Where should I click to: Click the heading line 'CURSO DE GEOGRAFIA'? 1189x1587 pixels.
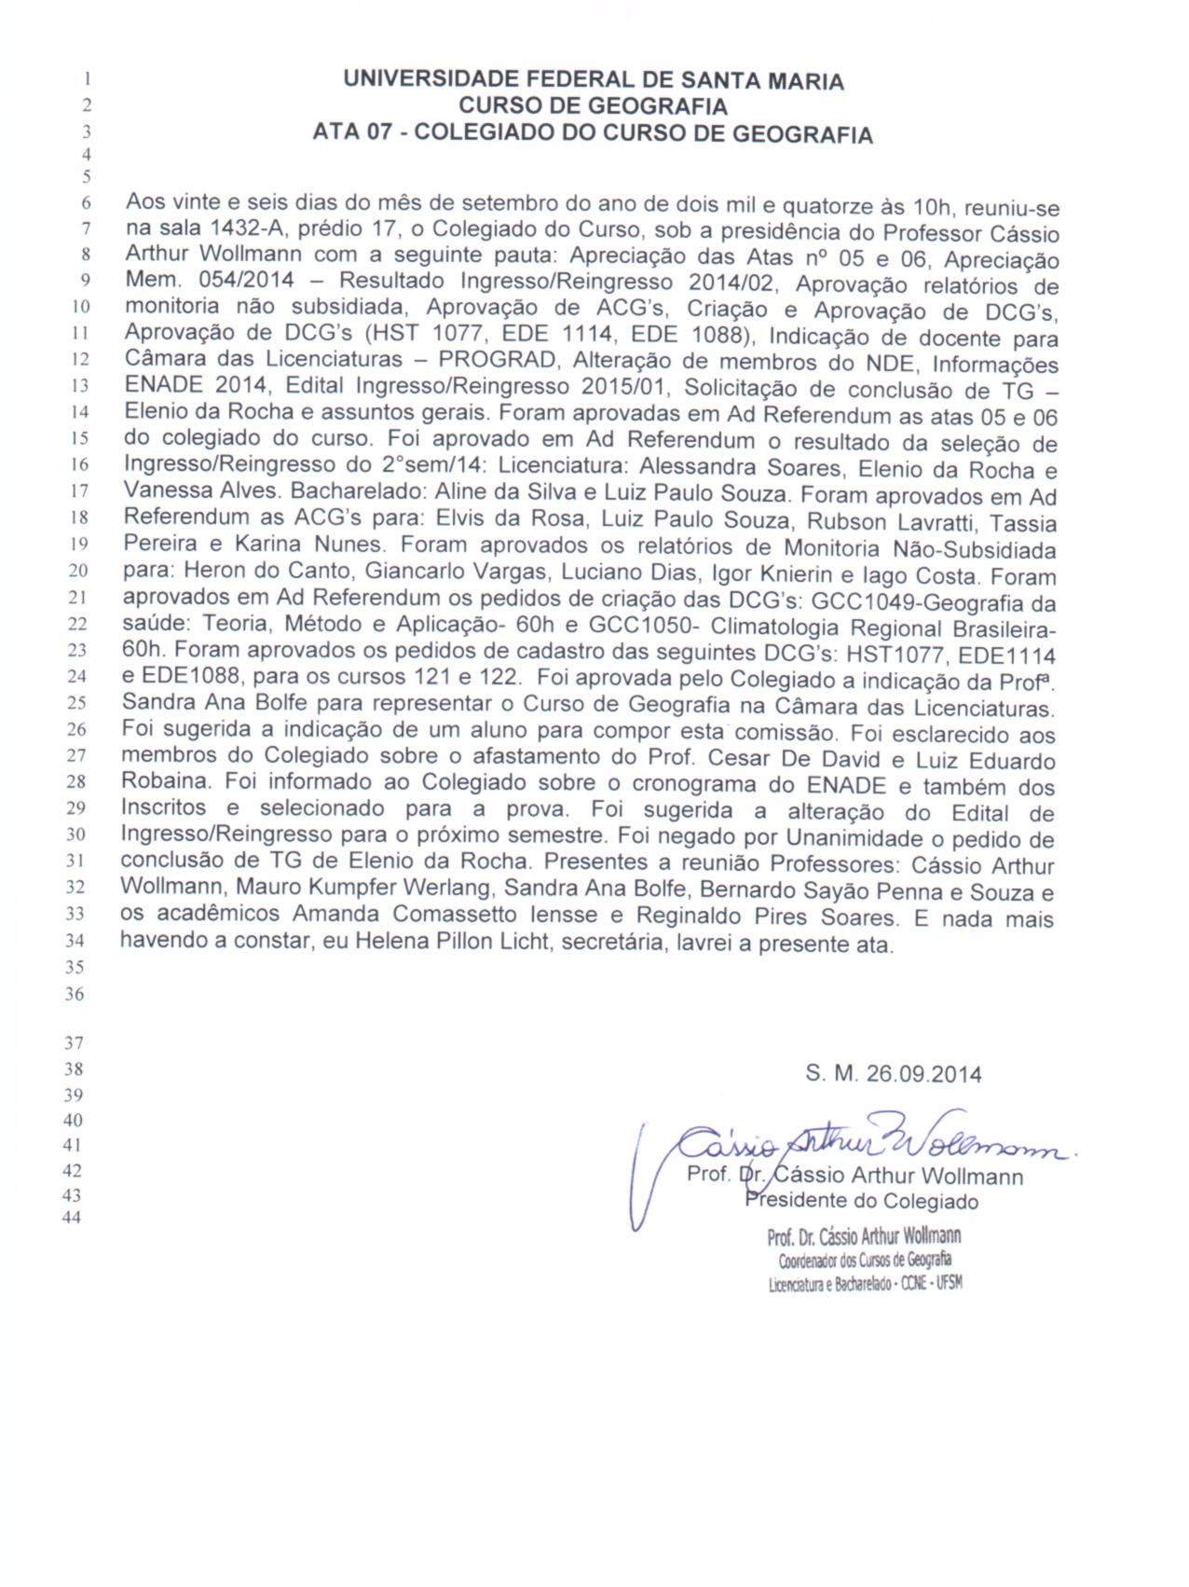tap(593, 106)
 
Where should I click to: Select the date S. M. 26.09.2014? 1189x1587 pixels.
tap(893, 1074)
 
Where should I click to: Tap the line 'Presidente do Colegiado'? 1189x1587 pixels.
tap(861, 1201)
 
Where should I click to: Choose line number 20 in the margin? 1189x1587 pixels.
tap(78, 571)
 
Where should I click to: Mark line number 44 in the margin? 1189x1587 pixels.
tap(72, 1218)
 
